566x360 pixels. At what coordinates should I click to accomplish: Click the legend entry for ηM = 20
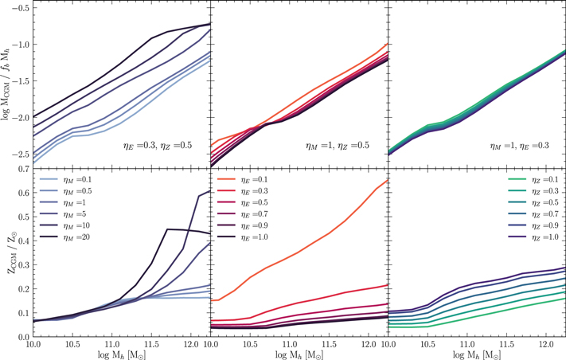(64, 237)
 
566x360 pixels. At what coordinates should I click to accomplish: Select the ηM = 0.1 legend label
(65, 179)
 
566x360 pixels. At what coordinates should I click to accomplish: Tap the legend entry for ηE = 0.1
(242, 179)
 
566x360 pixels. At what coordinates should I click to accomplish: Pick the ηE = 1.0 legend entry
(242, 237)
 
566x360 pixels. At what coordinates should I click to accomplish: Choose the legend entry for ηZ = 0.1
(533, 179)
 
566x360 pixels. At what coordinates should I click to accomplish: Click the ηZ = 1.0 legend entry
(533, 237)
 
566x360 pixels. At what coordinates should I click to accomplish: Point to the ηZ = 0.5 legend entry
(533, 202)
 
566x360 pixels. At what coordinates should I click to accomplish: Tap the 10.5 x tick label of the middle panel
(249, 344)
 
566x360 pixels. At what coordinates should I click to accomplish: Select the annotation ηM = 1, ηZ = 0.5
(338, 146)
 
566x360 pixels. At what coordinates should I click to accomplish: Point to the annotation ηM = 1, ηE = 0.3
(519, 146)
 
